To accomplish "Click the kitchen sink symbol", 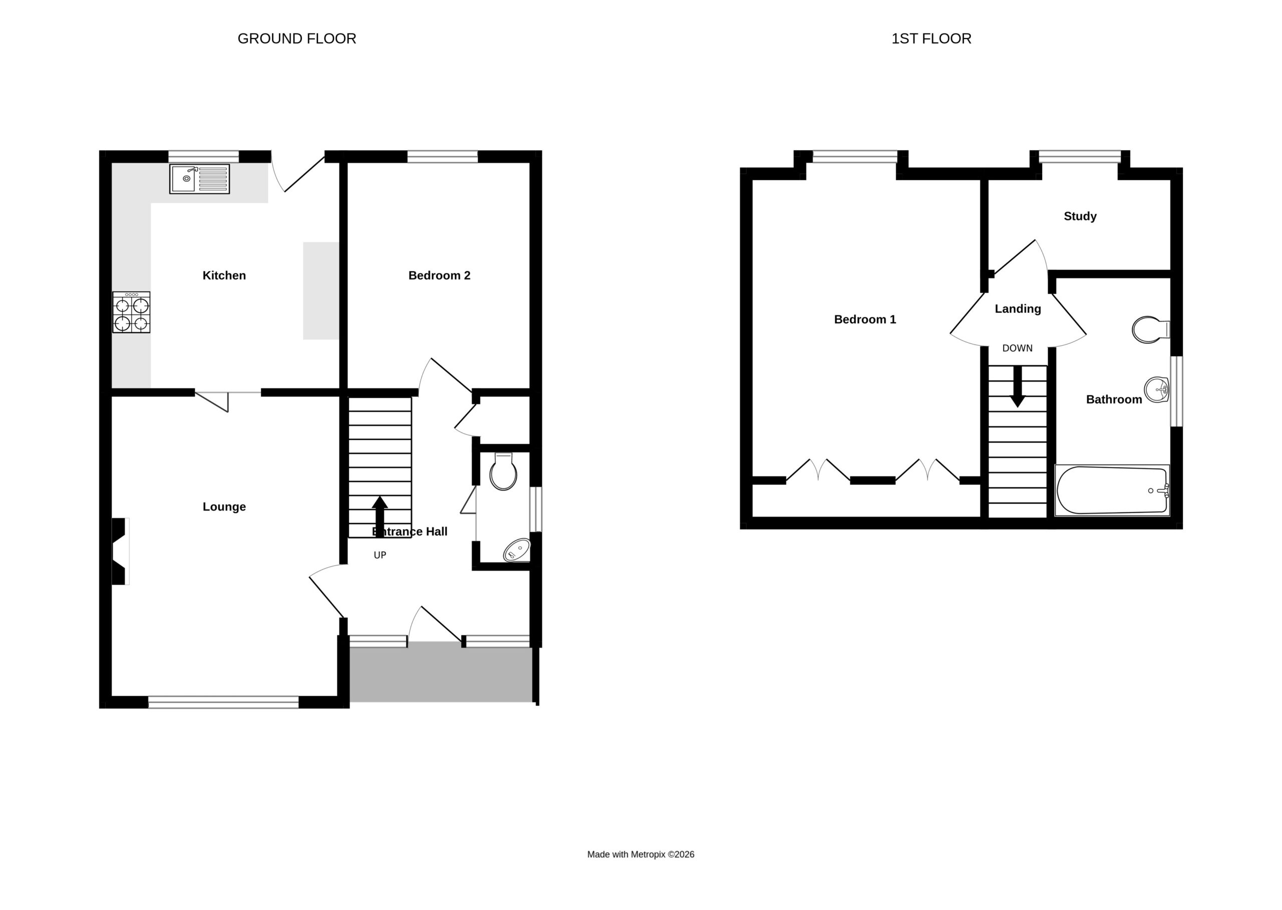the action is [199, 179].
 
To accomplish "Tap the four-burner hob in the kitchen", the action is [131, 312].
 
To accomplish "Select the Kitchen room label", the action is [224, 275].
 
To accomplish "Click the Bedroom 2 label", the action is [440, 275].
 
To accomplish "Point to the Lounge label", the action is [224, 507].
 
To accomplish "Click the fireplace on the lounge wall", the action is [120, 552].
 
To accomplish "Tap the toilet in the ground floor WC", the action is [503, 471].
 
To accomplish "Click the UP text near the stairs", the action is [380, 555].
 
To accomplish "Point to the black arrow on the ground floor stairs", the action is [380, 517].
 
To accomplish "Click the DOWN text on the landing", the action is [1018, 348].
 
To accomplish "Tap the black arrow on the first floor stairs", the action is [1018, 386].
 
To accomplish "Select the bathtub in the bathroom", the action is [1112, 491].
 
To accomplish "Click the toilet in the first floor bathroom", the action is [1151, 329].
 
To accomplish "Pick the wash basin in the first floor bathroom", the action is [1156, 389].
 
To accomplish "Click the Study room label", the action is [1080, 216].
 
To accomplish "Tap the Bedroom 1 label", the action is [865, 319].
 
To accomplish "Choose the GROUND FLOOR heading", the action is [297, 39].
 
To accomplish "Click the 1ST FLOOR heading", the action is [931, 39].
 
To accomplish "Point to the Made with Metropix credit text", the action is [640, 854].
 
